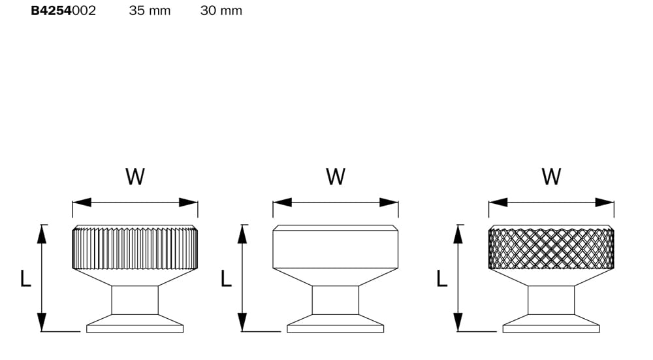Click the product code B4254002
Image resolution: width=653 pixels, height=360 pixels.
63,10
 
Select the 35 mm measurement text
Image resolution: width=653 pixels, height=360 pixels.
150,10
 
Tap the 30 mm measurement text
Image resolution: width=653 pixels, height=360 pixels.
221,10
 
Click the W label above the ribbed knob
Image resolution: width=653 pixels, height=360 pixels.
135,176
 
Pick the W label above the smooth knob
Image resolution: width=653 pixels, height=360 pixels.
336,176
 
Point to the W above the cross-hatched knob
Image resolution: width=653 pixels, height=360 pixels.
551,176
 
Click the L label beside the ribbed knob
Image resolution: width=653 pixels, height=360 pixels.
25,278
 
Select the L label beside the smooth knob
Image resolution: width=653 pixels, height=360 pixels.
226,278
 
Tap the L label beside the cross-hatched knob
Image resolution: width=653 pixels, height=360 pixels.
442,278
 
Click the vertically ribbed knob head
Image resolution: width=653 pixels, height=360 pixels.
135,247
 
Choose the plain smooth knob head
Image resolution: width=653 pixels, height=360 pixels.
336,247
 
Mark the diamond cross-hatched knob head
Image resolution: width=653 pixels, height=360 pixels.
551,247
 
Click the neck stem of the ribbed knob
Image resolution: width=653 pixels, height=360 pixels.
135,300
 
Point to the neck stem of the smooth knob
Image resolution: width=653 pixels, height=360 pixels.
336,300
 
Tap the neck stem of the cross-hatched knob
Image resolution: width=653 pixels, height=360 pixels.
551,300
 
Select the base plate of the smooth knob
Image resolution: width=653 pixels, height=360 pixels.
336,324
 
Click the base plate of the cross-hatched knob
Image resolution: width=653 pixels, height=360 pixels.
551,324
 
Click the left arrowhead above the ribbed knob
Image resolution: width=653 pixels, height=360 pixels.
82,203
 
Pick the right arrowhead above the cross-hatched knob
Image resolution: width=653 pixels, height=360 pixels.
605,203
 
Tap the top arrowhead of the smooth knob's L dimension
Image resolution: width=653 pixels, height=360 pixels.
242,234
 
